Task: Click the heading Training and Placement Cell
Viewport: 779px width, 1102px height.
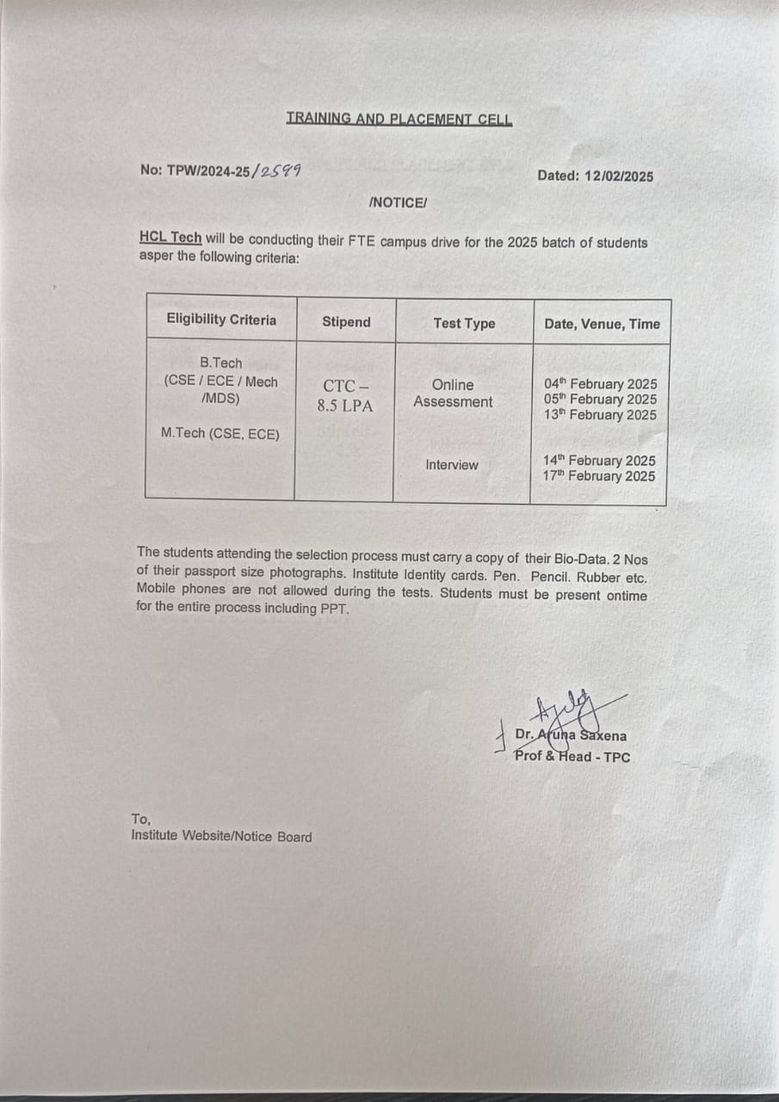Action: point(399,119)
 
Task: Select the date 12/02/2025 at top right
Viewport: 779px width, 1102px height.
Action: point(618,176)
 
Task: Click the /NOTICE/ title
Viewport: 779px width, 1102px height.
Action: point(397,203)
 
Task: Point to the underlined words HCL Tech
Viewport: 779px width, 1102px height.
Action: point(170,238)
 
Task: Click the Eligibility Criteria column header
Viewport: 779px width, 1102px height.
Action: point(221,320)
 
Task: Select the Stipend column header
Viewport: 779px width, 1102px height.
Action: point(346,322)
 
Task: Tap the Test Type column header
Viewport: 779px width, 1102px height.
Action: point(464,324)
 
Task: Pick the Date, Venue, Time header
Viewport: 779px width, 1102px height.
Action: point(602,325)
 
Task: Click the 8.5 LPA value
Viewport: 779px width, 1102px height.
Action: point(345,406)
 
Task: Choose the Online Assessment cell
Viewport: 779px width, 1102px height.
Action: point(453,393)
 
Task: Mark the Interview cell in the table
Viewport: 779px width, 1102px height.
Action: point(451,465)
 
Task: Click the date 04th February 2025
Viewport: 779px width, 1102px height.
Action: point(600,384)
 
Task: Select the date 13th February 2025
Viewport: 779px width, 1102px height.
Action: point(600,415)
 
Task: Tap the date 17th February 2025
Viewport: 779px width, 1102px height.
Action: point(598,476)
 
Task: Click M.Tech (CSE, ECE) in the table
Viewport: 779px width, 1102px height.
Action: point(220,434)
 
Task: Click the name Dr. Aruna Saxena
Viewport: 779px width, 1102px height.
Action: point(571,736)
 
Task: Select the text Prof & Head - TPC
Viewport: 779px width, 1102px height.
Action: point(572,757)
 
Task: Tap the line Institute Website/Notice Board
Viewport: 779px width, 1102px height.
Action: point(221,837)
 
